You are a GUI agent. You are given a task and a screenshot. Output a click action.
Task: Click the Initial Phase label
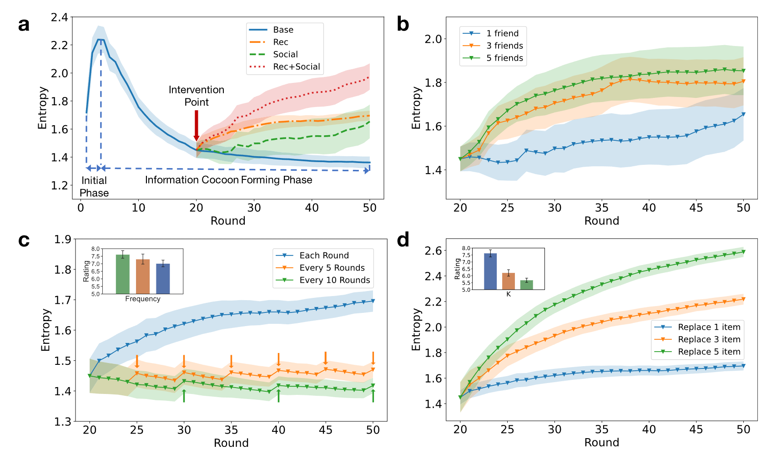(x=94, y=187)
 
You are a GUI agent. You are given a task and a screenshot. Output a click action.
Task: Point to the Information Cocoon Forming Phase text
(x=228, y=180)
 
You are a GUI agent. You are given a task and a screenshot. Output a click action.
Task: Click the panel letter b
(x=403, y=24)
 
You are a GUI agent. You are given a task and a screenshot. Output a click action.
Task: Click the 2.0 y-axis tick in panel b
(x=433, y=39)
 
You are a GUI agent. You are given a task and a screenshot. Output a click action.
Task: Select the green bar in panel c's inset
(x=123, y=274)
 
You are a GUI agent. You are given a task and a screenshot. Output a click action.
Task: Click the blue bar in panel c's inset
(x=163, y=278)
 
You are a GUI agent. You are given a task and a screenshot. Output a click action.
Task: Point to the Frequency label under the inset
(x=143, y=299)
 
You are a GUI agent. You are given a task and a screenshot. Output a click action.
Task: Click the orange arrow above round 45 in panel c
(x=326, y=358)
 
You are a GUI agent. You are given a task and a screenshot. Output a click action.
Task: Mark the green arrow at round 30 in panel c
(x=184, y=396)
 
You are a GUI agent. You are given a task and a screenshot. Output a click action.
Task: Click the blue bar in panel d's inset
(x=490, y=271)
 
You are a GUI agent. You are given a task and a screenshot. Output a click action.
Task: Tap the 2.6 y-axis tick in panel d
(x=433, y=251)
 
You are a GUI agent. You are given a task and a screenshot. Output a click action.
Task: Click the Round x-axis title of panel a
(x=228, y=221)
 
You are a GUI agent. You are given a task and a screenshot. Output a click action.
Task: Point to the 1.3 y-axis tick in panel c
(x=63, y=422)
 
